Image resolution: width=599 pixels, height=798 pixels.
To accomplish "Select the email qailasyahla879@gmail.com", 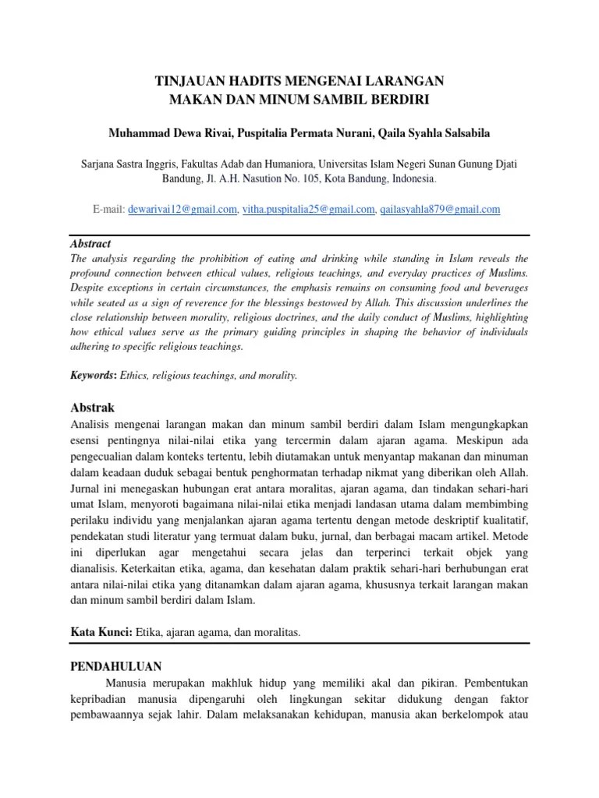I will [440, 209].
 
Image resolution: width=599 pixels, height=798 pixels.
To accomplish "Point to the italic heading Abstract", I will [90, 244].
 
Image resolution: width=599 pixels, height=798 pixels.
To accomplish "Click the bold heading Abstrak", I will [93, 407].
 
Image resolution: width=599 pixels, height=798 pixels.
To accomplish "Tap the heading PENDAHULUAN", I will [115, 666].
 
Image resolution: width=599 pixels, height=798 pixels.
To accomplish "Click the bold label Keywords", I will [92, 376].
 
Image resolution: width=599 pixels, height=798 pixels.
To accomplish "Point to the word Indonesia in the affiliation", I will [411, 178].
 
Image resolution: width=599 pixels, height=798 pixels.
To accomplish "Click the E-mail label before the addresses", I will [108, 209].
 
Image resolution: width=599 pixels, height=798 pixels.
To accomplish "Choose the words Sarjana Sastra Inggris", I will [129, 164].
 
